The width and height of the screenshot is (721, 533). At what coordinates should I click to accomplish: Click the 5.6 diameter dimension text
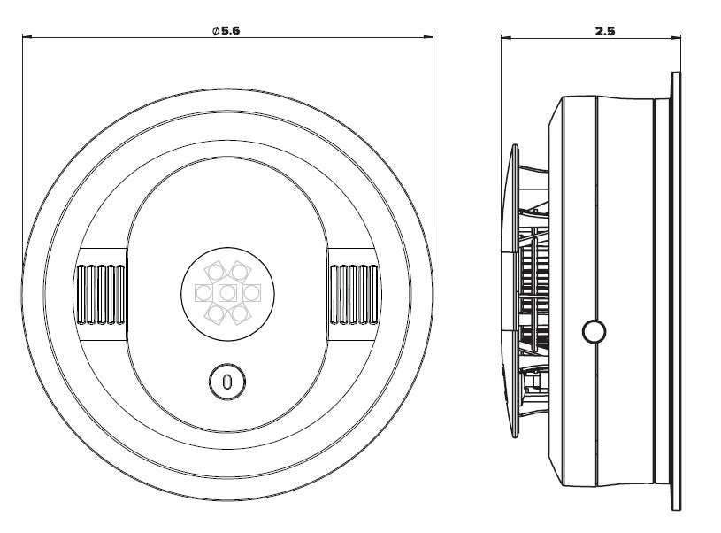click(x=230, y=31)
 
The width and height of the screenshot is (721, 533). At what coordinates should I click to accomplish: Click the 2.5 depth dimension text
click(x=604, y=31)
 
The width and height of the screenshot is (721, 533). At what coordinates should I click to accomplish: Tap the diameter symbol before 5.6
click(x=216, y=31)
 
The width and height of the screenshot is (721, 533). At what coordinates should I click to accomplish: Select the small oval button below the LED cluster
click(x=227, y=382)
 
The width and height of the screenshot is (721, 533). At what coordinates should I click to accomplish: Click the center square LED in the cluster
click(x=227, y=293)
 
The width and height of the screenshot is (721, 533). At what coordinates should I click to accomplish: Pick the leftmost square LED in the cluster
click(x=203, y=293)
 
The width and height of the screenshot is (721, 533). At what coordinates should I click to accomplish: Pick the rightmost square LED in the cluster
click(x=252, y=293)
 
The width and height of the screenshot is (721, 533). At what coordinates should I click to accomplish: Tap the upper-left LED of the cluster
click(x=215, y=272)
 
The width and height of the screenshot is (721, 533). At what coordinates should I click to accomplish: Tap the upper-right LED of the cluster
click(x=240, y=272)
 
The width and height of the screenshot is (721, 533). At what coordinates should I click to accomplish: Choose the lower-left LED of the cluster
click(x=215, y=314)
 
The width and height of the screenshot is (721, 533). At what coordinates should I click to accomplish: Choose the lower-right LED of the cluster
click(x=240, y=314)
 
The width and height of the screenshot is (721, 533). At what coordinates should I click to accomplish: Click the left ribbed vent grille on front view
click(x=101, y=295)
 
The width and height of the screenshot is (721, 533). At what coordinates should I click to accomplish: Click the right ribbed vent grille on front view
click(x=355, y=295)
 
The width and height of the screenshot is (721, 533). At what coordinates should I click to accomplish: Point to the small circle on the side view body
click(x=594, y=331)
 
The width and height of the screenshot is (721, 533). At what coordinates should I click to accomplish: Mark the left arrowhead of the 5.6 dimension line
click(x=27, y=37)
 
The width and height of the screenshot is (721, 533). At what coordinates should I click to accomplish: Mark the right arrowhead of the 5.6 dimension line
click(x=429, y=37)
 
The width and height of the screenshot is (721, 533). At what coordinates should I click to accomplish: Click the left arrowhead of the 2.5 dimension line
click(x=505, y=38)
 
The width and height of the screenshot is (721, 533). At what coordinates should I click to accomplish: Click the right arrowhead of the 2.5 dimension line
click(x=676, y=38)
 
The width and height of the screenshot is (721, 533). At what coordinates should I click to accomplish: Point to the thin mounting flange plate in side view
click(x=676, y=291)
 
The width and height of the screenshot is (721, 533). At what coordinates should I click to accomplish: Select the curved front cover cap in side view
click(x=511, y=291)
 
